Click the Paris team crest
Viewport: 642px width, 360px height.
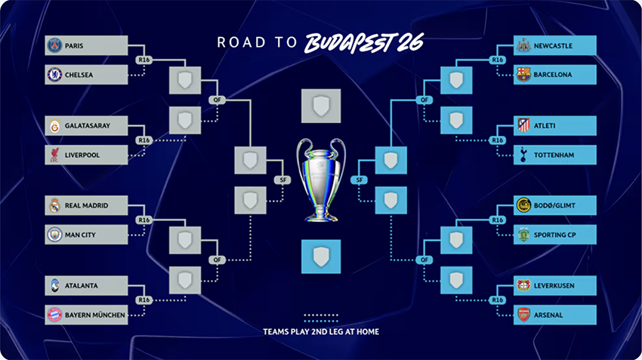pyautogui.click(x=54, y=45)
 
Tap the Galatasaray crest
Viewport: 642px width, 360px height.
pyautogui.click(x=54, y=126)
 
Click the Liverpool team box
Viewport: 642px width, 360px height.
pyautogui.click(x=86, y=155)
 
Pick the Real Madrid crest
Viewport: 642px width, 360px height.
pyautogui.click(x=54, y=205)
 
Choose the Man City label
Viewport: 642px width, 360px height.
pyautogui.click(x=80, y=235)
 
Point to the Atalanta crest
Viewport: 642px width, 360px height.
pyautogui.click(x=54, y=285)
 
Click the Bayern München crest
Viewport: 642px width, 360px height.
pyautogui.click(x=54, y=315)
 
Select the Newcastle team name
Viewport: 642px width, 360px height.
pyautogui.click(x=553, y=45)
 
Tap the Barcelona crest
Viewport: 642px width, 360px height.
pyautogui.click(x=523, y=75)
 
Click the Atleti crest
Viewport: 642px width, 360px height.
pyautogui.click(x=523, y=125)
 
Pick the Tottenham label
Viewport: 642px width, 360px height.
pyautogui.click(x=554, y=155)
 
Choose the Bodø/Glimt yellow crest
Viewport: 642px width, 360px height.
pyautogui.click(x=523, y=205)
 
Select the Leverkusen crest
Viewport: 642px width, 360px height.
pyautogui.click(x=523, y=285)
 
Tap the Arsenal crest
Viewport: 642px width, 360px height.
pyautogui.click(x=523, y=315)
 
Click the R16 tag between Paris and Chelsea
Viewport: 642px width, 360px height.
pyautogui.click(x=144, y=60)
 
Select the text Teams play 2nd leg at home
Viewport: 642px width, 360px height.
pyautogui.click(x=321, y=331)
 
